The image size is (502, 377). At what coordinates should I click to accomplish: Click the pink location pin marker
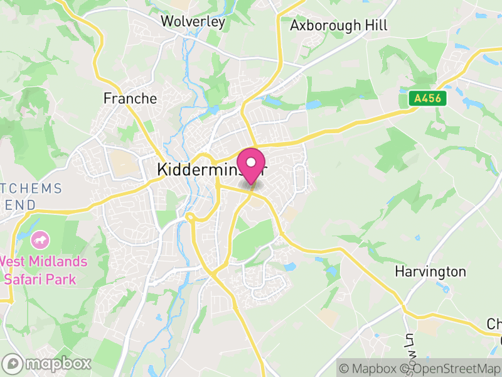251,165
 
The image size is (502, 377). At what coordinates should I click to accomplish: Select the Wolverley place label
193,21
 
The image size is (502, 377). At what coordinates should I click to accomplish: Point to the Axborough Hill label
338,25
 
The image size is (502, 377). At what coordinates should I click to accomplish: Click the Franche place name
130,99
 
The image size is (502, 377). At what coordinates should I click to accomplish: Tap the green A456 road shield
427,98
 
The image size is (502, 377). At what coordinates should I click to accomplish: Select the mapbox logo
47,363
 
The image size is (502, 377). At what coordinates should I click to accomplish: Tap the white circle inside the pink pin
251,161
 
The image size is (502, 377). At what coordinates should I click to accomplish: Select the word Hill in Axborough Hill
375,25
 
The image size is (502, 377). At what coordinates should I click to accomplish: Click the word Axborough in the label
324,25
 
